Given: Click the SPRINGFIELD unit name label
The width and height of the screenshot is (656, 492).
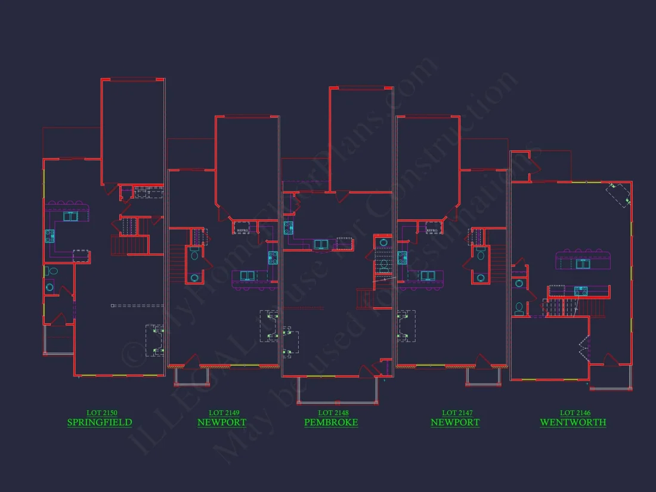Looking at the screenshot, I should tap(100, 423).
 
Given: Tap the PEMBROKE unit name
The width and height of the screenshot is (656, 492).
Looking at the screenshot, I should tap(331, 423).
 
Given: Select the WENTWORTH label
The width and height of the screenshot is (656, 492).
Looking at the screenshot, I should tap(573, 423).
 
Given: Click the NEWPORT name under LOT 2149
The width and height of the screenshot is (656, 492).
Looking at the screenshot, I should tap(222, 423).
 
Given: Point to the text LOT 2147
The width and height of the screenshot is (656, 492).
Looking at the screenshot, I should tap(457, 413).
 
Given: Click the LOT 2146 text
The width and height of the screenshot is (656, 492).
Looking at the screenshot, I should tap(575, 413).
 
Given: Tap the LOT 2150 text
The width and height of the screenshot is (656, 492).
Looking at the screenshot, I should tap(101, 413).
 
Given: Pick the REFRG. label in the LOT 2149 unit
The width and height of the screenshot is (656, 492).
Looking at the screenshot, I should tap(243, 230).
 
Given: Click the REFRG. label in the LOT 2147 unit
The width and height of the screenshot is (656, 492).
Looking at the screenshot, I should tap(434, 230).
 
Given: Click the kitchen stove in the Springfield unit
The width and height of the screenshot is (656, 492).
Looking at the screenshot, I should tap(49, 236).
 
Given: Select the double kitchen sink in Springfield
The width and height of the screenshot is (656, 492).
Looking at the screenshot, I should tap(70, 216).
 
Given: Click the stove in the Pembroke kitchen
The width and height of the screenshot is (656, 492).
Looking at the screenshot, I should tap(289, 227).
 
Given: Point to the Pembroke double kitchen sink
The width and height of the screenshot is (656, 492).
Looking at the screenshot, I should tap(320, 244).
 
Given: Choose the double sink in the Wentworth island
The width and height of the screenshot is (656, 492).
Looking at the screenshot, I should tap(583, 264).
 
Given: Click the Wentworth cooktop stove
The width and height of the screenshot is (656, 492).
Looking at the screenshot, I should tap(580, 291).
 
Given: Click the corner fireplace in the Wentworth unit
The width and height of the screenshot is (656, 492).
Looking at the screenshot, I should tap(618, 194).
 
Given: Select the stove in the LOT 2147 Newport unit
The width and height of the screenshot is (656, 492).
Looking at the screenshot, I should tap(403, 258).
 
